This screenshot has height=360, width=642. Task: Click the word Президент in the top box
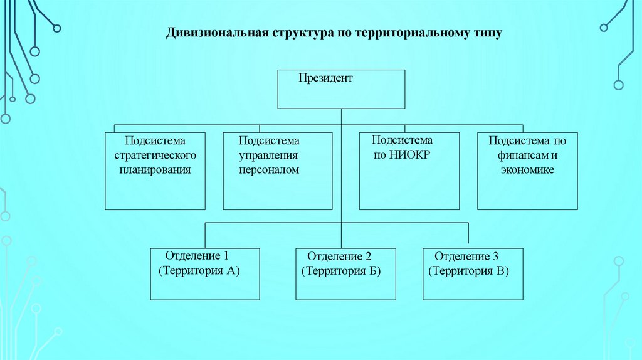325,78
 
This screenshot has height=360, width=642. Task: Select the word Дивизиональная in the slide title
216,33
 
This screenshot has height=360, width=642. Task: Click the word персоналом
269,170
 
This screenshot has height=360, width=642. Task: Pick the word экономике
527,170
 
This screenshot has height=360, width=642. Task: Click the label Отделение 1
197,256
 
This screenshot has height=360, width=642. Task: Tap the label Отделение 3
466,257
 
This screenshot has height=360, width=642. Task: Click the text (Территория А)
199,271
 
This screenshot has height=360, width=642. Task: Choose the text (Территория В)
468,272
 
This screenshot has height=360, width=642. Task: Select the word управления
268,155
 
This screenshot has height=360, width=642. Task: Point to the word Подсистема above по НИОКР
402,140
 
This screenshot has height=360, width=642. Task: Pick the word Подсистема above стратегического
155,140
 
